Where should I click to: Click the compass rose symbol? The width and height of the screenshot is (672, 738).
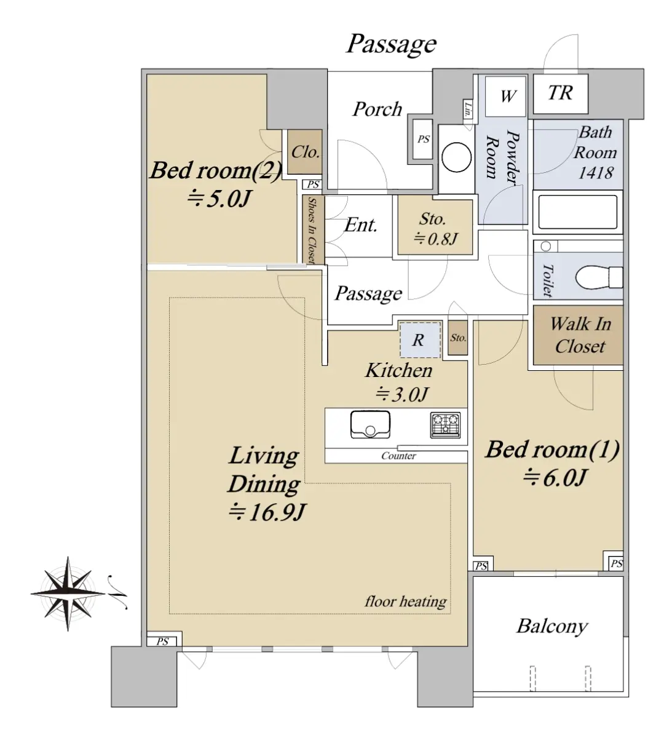68,593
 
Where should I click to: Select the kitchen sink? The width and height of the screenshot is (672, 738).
370,424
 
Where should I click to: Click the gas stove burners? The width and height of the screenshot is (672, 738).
445,425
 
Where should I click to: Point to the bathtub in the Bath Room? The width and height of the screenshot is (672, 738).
577,212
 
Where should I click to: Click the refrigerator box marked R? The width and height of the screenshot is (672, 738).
420,339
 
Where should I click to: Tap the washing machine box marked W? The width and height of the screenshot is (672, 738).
505,97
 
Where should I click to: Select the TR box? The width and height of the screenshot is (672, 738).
560,93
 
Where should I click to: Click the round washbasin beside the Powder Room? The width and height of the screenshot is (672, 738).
456,157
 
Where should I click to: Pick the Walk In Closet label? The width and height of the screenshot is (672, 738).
580,335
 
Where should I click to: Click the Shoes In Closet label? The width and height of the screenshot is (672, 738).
312,230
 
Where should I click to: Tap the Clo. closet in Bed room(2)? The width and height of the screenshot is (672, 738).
304,151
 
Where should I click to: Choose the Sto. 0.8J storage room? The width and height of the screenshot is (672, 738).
435,227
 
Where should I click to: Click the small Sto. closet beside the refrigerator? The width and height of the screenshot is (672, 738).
458,338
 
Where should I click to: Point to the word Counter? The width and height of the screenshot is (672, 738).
398,456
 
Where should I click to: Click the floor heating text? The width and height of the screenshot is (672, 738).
406,601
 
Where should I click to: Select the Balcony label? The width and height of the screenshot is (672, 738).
552,627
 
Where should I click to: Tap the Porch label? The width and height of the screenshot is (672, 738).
378,109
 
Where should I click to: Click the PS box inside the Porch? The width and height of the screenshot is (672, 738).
423,139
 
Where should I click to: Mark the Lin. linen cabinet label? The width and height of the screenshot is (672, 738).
468,109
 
